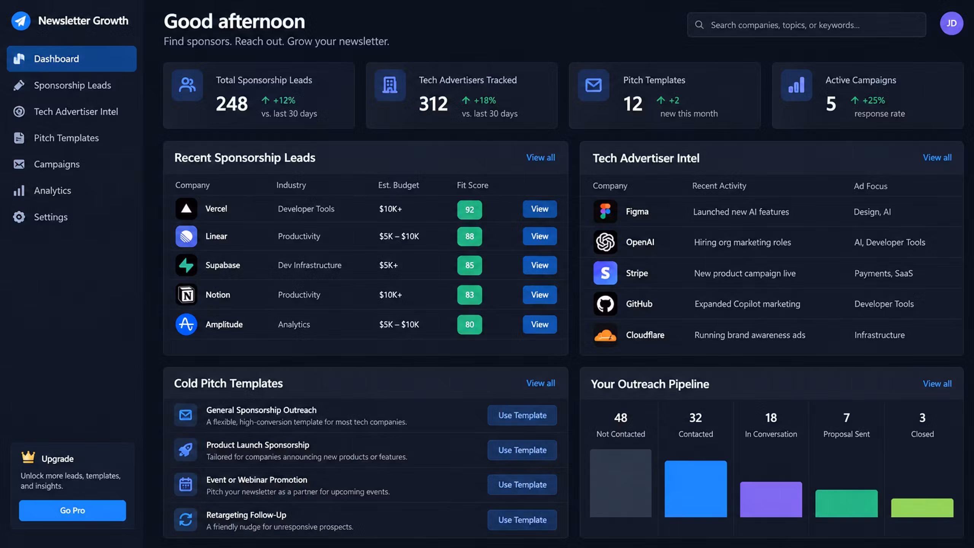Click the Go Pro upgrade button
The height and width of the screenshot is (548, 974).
click(72, 510)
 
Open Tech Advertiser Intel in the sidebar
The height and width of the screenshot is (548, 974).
click(76, 112)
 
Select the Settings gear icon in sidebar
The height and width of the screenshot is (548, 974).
click(19, 217)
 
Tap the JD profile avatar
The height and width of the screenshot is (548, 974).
click(951, 24)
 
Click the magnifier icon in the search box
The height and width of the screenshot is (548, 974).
click(699, 25)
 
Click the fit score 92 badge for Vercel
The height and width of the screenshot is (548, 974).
click(469, 210)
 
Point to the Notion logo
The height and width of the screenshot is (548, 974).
click(186, 295)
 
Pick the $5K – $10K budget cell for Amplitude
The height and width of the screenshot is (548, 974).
click(399, 325)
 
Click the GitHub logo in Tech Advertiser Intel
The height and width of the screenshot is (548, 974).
click(605, 304)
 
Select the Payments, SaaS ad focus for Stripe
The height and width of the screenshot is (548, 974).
click(883, 273)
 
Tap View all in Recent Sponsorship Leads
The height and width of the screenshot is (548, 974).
click(540, 158)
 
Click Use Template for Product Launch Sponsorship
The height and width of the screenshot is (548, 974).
click(522, 450)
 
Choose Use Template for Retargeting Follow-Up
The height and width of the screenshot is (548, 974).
click(522, 520)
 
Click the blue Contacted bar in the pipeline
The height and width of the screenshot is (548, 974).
click(695, 489)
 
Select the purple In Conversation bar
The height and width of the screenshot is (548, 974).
click(771, 499)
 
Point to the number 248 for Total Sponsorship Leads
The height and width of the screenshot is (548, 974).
click(232, 104)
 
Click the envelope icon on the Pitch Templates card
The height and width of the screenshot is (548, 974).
click(593, 85)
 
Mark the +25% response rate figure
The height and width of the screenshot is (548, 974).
click(874, 100)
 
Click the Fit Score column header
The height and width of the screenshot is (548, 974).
click(472, 185)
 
